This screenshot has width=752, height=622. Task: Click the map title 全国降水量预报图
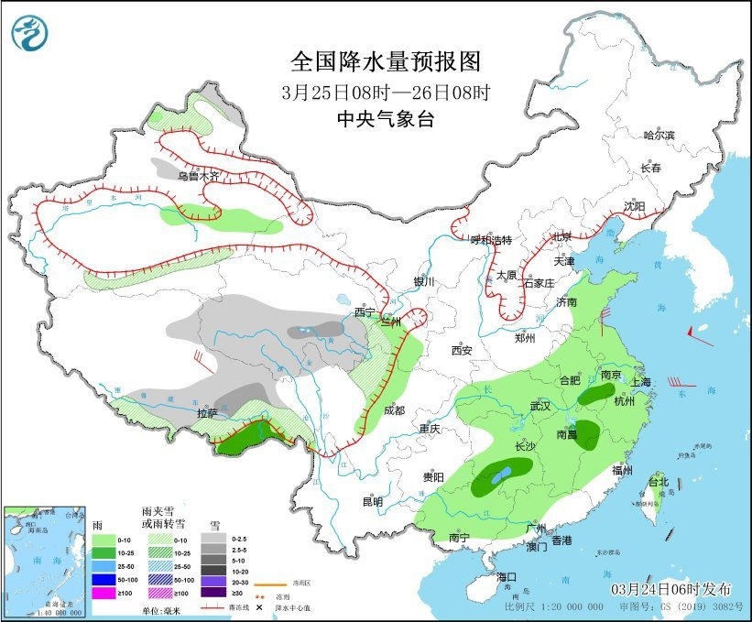[386, 62]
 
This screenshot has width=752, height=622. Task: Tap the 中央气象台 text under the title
[385, 118]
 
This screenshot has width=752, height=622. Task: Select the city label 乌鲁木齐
[200, 175]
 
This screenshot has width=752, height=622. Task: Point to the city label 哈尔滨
[659, 136]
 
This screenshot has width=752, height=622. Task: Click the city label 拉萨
[207, 413]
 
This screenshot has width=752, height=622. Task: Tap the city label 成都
[395, 411]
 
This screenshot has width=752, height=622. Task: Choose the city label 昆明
[373, 501]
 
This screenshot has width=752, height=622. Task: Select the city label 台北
[659, 481]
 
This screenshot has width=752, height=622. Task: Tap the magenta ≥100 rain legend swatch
[104, 592]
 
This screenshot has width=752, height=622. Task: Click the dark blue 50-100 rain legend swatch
[104, 580]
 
